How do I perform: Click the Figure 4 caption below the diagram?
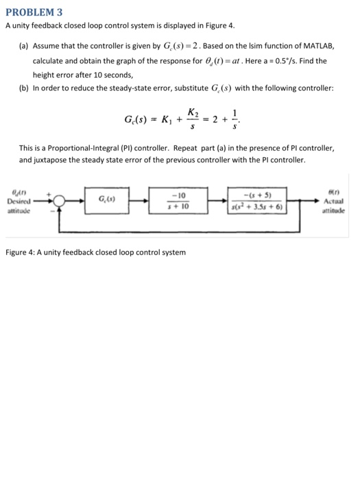(x=95, y=253)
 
